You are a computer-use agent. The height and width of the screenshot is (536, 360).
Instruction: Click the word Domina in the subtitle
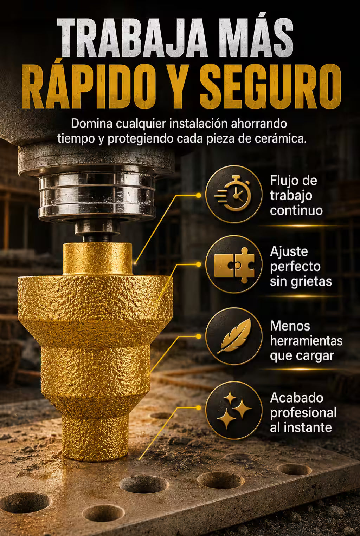point(92,124)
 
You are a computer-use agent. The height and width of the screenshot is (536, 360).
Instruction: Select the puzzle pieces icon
point(234,265)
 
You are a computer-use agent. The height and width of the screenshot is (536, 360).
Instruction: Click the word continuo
point(296,211)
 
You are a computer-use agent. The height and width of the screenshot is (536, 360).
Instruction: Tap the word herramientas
point(306,341)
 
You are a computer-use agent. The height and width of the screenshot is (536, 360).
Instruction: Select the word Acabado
point(296,398)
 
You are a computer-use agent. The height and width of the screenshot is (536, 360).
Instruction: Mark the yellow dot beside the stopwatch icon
point(198,195)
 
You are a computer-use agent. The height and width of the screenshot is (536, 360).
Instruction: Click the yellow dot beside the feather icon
point(198,336)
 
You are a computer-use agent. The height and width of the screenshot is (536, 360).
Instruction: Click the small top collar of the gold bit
point(97,259)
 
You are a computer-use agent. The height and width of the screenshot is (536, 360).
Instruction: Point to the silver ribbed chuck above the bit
point(97,196)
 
